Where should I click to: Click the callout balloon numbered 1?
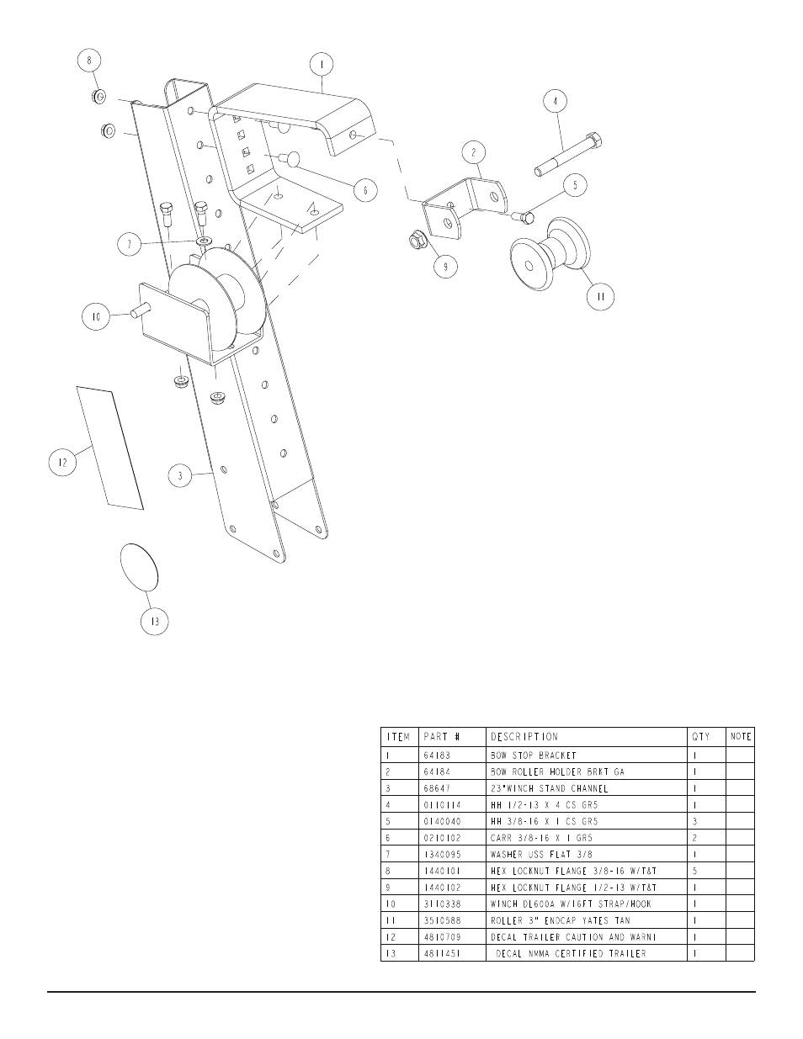[321, 64]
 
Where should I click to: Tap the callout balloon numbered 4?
[554, 101]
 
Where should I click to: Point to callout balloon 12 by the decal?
[60, 462]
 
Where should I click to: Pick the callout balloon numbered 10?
[95, 317]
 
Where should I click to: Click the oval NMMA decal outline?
[139, 566]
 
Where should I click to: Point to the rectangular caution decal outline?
[109, 448]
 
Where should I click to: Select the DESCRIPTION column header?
[524, 736]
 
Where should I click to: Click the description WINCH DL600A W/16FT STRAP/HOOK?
[571, 904]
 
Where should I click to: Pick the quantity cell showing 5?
[694, 871]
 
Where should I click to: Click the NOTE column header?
[741, 736]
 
